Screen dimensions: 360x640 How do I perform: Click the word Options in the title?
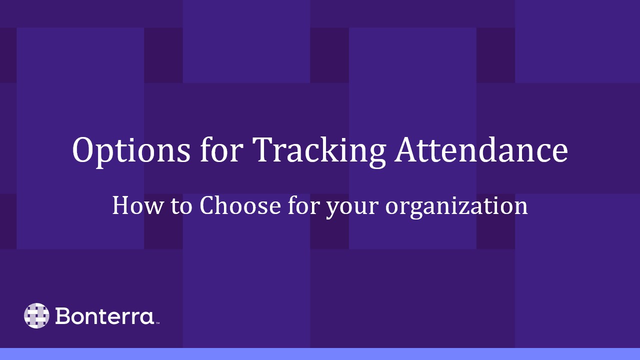[131, 150]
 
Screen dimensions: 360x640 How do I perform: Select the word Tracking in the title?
[319, 150]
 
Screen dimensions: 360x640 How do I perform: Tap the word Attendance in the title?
[480, 149]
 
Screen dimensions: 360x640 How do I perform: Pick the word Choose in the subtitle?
[239, 205]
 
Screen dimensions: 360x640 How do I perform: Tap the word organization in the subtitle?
[456, 206]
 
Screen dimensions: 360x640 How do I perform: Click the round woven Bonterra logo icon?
[36, 315]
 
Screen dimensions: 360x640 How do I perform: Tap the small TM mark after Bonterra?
[157, 323]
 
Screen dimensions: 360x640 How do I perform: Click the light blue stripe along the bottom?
[320, 354]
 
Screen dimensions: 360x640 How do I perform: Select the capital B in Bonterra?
[63, 316]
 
